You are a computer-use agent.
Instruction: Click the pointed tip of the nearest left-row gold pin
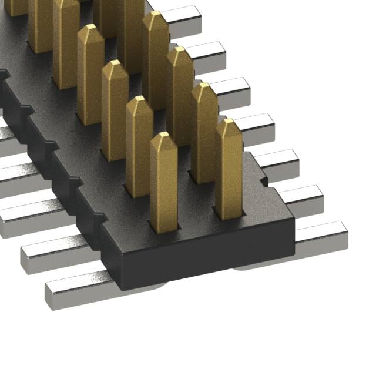click(164, 137)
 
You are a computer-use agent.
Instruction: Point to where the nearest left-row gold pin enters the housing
click(164, 226)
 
